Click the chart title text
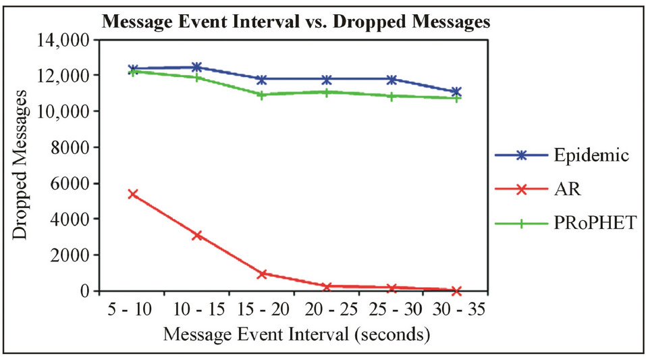click(x=296, y=22)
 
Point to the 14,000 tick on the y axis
click(x=61, y=40)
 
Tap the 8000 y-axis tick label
click(x=71, y=147)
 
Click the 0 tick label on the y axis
click(x=84, y=291)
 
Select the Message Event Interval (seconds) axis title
click(x=296, y=334)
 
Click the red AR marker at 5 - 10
click(x=132, y=194)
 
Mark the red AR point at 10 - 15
click(x=197, y=235)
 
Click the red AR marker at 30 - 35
click(x=456, y=290)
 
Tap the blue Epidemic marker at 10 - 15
click(x=197, y=67)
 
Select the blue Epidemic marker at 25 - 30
click(x=392, y=79)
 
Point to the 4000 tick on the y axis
click(x=71, y=220)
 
